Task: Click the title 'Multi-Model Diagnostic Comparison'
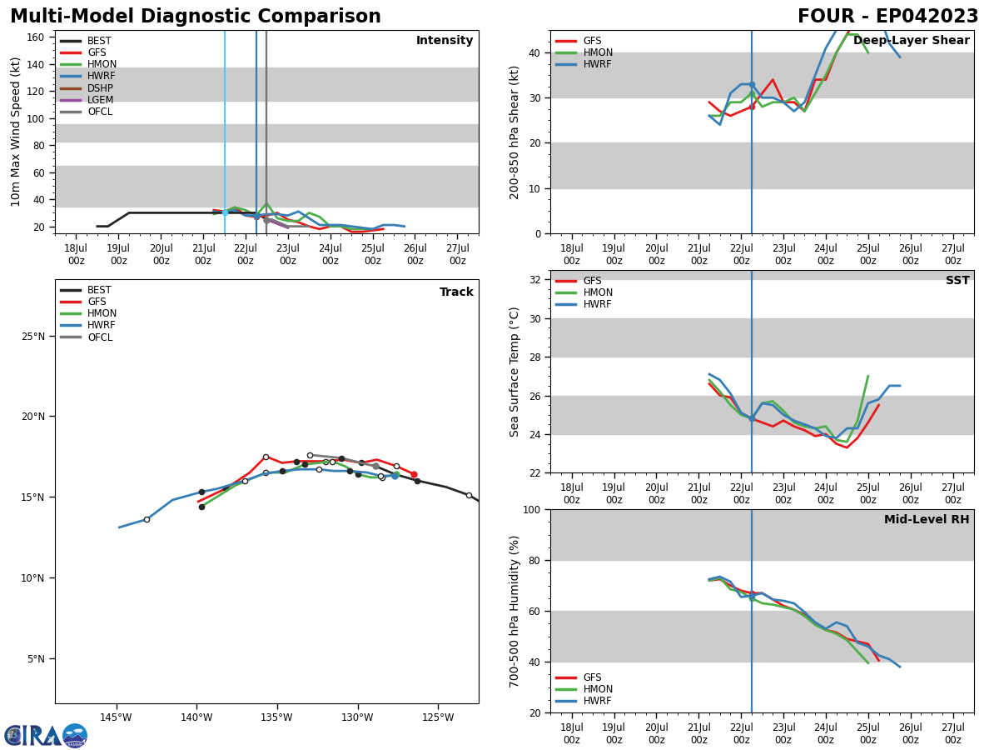point(196,17)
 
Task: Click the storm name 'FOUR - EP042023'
point(887,17)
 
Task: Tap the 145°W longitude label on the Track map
point(116,717)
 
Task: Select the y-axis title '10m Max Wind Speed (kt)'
point(16,132)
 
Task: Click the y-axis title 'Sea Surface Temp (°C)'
point(514,372)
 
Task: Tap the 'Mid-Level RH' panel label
point(926,520)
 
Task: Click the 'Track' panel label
point(456,292)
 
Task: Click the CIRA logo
point(46,735)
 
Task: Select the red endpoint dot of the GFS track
point(414,474)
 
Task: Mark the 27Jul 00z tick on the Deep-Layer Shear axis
point(952,243)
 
